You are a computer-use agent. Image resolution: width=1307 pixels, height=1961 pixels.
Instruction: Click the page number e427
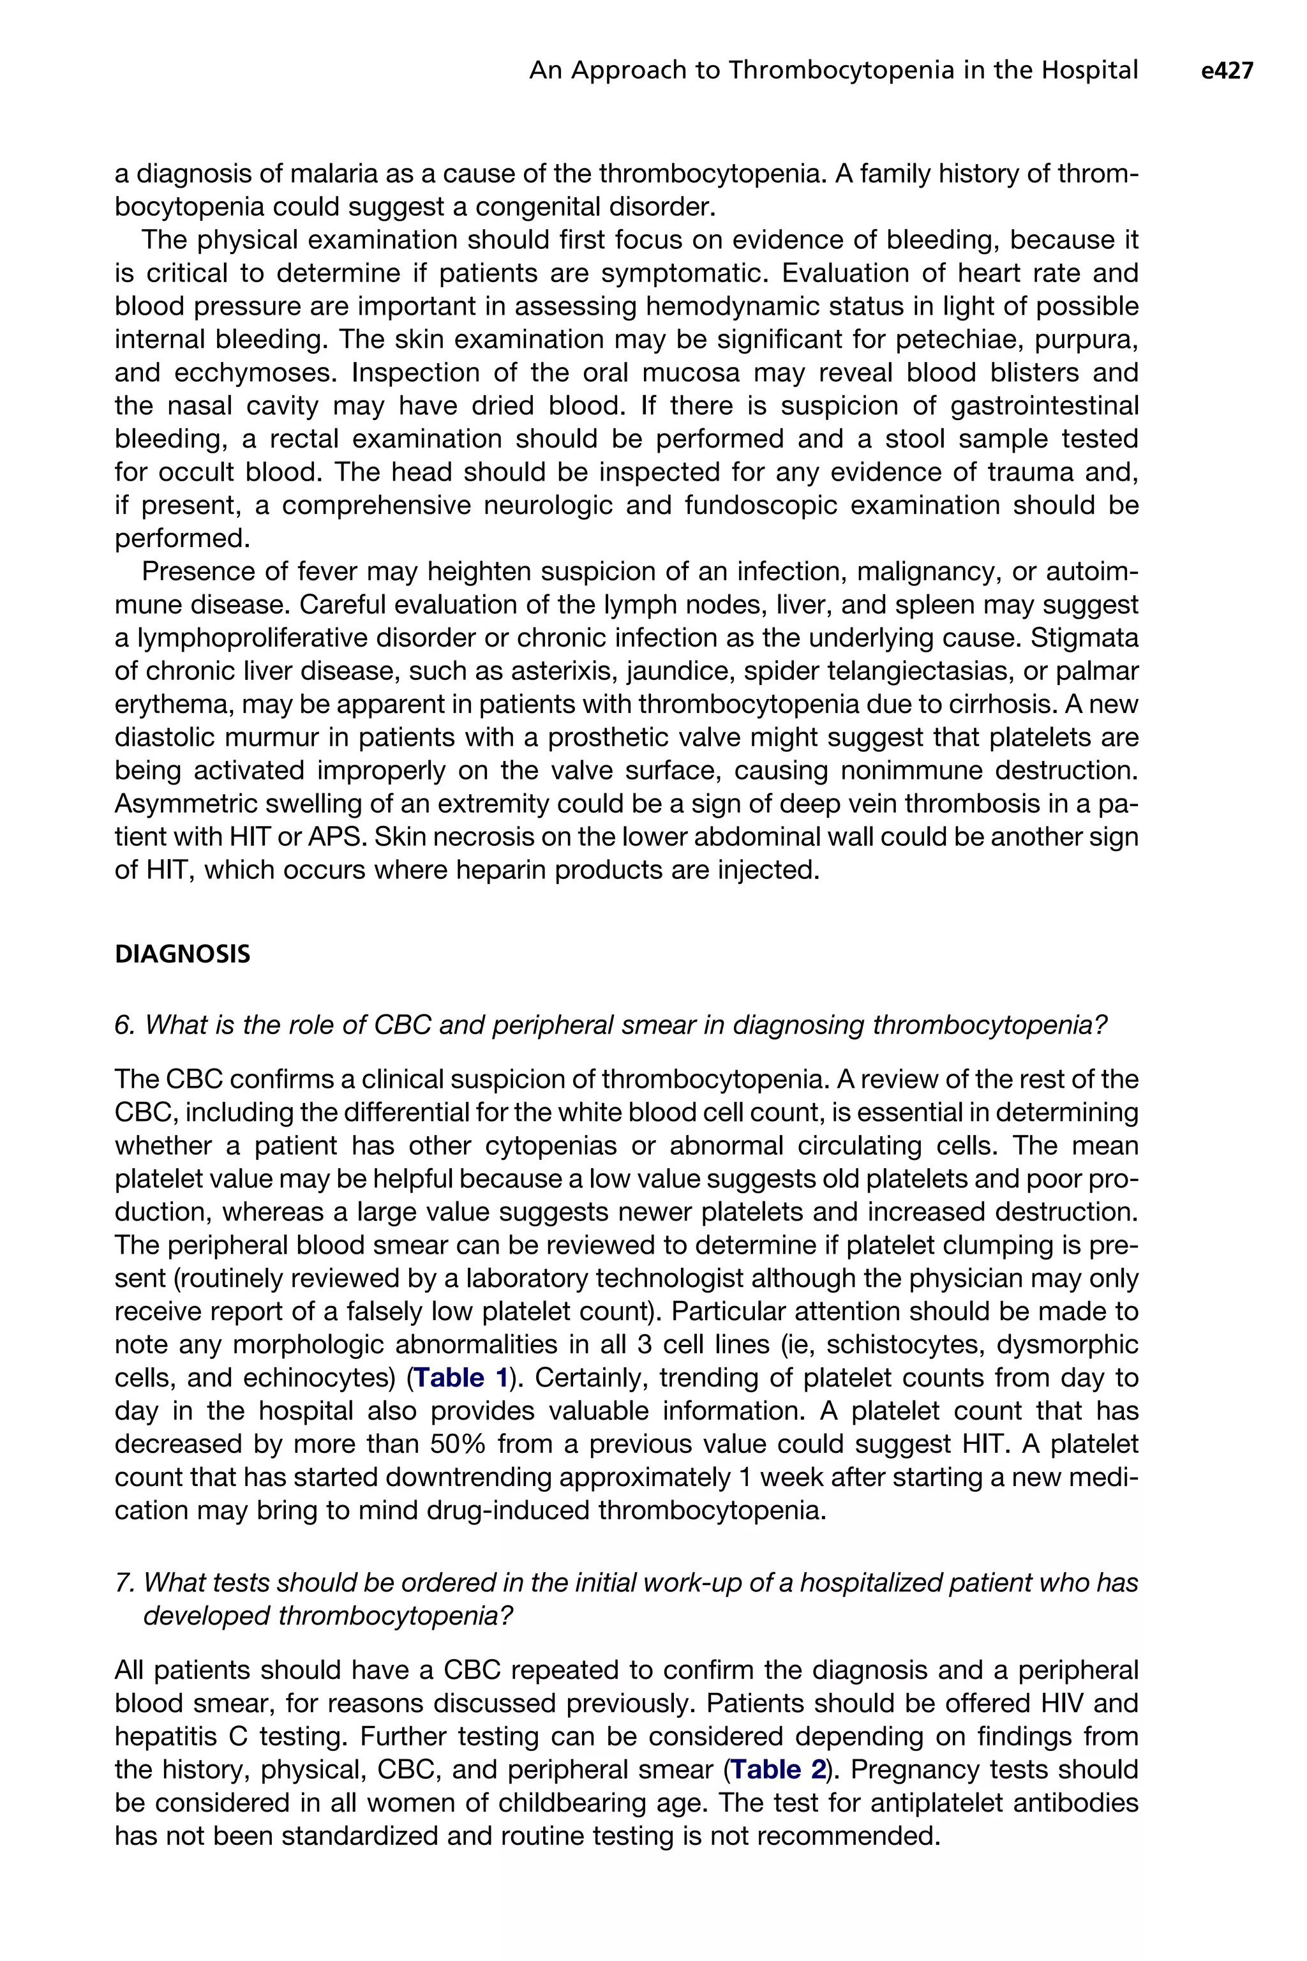tap(1227, 71)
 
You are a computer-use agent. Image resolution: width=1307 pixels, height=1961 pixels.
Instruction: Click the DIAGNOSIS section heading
tap(183, 955)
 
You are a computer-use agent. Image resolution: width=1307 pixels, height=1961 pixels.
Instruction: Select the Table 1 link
tap(461, 1378)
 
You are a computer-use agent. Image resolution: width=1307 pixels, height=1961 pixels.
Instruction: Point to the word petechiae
tap(963, 340)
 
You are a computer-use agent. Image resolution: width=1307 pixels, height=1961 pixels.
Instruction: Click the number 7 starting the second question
tap(123, 1583)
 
